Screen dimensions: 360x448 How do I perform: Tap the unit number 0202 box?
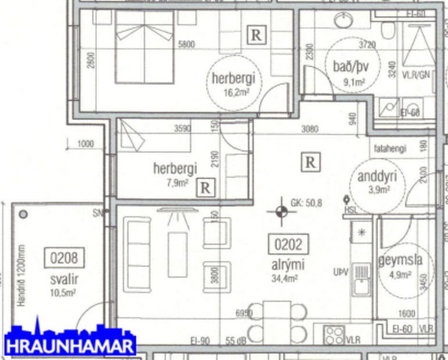point(288,244)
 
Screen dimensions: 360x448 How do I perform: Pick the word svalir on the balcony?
point(64,279)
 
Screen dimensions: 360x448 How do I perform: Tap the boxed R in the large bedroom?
point(255,35)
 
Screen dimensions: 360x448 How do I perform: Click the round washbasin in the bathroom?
point(343,22)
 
